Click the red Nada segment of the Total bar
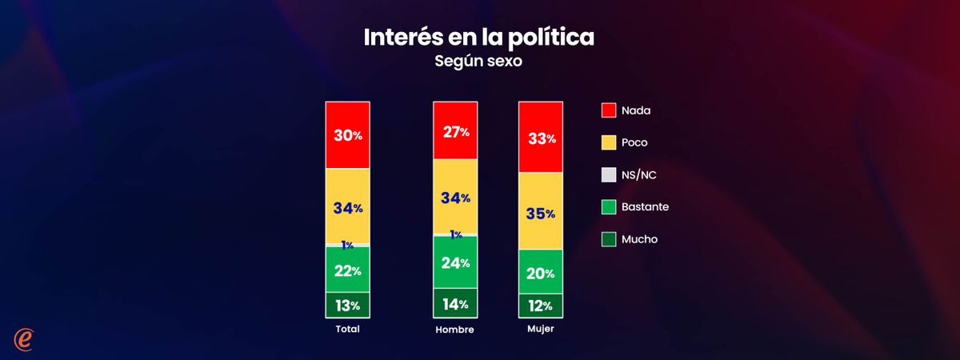pos(347,135)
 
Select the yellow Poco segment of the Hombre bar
pos(455,196)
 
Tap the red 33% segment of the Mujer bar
pos(542,138)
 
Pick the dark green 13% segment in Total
pos(347,305)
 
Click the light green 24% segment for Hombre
pos(455,262)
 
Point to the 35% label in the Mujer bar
pos(542,214)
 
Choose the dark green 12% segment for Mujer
pos(542,305)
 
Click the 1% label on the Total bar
pos(347,245)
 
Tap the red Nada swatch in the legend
pos(609,110)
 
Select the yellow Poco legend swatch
pos(609,142)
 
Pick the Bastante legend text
pos(645,206)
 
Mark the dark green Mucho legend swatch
pos(609,238)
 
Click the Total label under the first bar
pos(347,329)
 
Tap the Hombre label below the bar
pos(455,330)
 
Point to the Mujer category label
pos(542,329)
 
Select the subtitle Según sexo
pos(478,62)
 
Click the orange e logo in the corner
pos(22,338)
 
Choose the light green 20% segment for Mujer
pos(542,273)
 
